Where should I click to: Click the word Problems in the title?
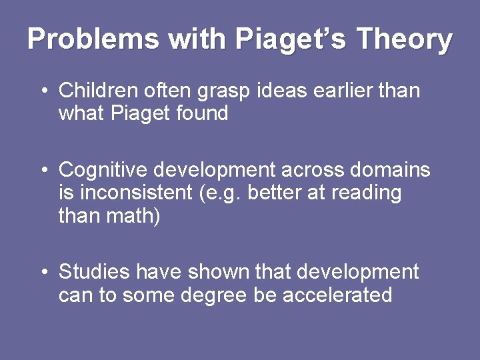click(x=93, y=39)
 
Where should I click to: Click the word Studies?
click(x=94, y=272)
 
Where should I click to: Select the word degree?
click(x=215, y=295)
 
